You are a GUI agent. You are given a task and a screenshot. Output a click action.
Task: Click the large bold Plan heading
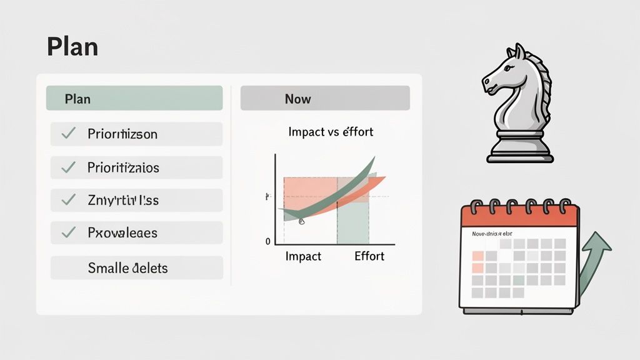pos(72,47)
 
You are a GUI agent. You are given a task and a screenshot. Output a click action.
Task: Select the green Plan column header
pos(134,99)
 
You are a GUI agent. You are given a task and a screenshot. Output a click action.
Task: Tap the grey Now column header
pos(325,99)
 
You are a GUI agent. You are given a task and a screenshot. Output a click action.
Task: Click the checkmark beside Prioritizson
pos(69,133)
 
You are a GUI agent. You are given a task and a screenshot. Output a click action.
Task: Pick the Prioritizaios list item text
pos(123,167)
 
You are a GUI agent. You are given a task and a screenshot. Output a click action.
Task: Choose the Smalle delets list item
pos(127,268)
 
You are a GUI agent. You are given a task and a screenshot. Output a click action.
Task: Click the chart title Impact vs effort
pos(331,132)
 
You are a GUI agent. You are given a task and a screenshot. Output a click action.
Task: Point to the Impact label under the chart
pos(303,256)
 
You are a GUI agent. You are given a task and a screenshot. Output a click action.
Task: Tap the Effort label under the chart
pos(369,256)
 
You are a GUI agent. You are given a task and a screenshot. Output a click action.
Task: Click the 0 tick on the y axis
pos(268,241)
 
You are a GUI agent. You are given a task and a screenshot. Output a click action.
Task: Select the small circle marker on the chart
pos(301,221)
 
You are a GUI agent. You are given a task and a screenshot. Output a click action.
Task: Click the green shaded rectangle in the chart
pos(353,222)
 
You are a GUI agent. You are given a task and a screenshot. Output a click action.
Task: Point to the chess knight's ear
pos(518,50)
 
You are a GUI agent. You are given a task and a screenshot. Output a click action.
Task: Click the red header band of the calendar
pos(519,217)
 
